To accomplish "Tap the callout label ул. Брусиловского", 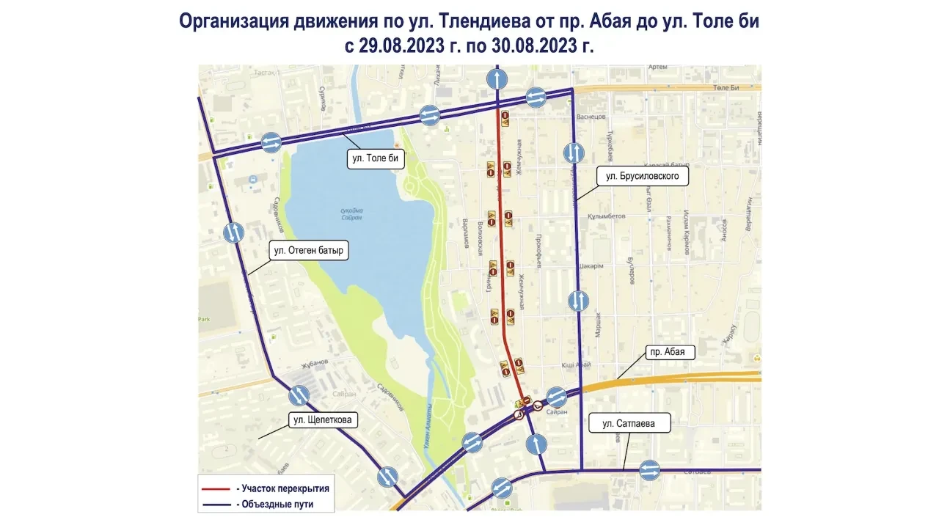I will point(642,177).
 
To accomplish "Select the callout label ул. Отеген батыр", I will point(308,250).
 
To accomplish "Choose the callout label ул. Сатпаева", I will point(628,423).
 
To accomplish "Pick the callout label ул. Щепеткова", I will point(322,420).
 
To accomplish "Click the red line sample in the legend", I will point(216,488).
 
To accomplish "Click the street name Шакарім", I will point(591,266).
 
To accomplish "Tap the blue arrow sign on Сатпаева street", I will point(649,470).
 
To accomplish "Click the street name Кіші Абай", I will point(577,364).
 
